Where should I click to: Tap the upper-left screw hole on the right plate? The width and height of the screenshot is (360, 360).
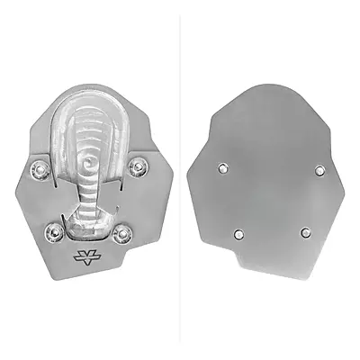click(x=220, y=168)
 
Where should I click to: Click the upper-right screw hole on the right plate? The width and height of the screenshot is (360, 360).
click(x=319, y=168)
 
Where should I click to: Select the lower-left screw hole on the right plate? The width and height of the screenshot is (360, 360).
click(x=238, y=234)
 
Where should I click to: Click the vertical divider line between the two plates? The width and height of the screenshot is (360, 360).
click(x=180, y=180)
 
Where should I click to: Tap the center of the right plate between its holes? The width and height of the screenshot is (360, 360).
click(x=270, y=201)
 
